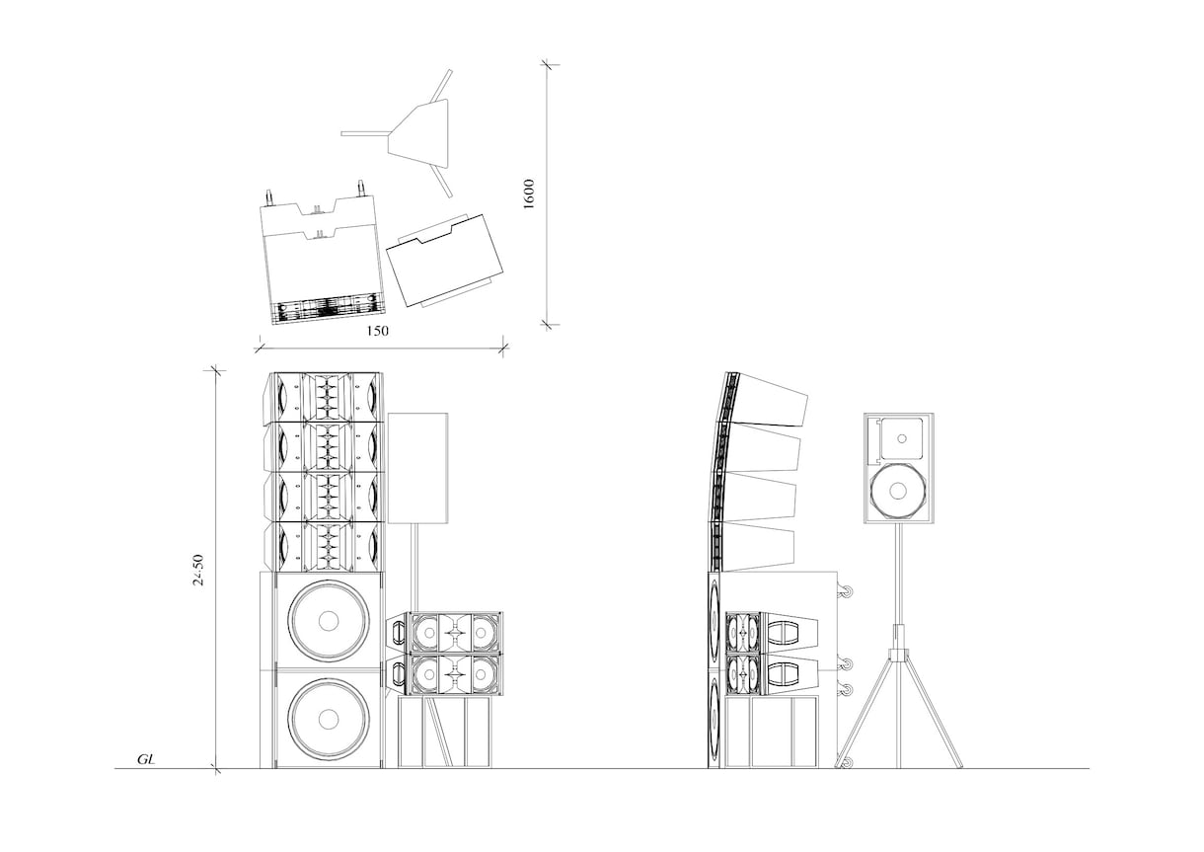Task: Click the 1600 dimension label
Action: [529, 194]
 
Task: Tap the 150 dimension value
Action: [377, 331]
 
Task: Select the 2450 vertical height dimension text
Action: [198, 570]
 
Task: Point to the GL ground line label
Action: [146, 759]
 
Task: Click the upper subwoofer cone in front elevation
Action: [329, 621]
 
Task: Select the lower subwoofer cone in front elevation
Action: [329, 719]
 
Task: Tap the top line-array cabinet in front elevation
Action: [323, 397]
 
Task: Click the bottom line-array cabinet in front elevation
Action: [323, 547]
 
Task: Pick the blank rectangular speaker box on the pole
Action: [417, 468]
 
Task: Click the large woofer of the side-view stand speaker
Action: [897, 491]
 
